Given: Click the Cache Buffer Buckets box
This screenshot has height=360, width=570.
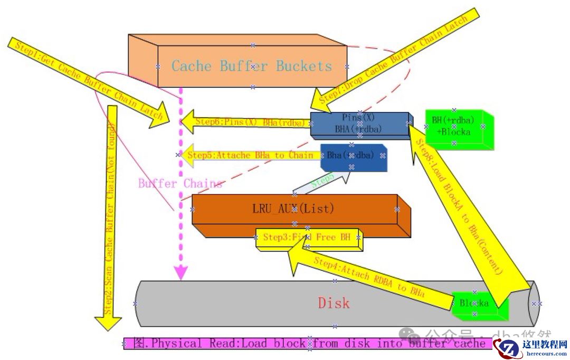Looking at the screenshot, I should click(252, 66).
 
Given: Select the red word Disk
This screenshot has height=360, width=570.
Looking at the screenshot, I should click(334, 303).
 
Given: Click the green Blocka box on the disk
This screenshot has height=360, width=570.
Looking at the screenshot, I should click(475, 304).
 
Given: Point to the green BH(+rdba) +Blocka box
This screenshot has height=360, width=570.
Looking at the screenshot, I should click(454, 127).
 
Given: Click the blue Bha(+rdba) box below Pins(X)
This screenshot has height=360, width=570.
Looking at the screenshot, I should click(352, 156).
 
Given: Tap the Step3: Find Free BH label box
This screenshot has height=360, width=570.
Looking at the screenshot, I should click(308, 238).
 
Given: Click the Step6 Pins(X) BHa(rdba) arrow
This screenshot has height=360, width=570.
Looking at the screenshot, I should click(245, 122).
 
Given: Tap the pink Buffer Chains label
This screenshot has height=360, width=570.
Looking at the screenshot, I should click(180, 184).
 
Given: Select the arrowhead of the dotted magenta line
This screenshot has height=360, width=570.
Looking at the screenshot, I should click(181, 272).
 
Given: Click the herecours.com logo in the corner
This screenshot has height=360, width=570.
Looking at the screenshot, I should click(530, 347).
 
